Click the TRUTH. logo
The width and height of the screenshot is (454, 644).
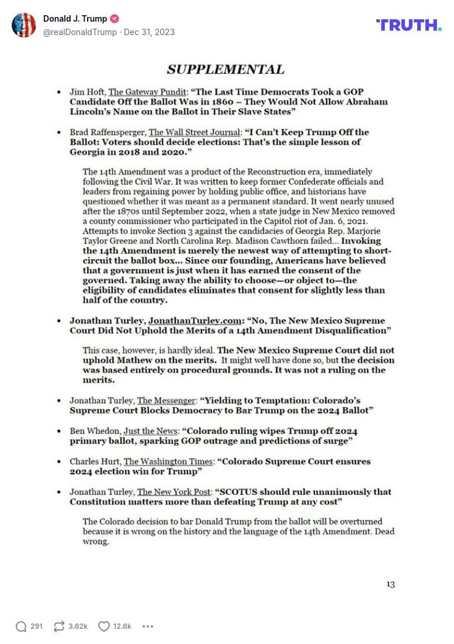(x=408, y=25)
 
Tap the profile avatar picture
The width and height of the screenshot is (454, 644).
(x=24, y=25)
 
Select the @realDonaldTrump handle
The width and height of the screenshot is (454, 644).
(x=80, y=32)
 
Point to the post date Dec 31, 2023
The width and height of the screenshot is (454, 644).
(x=149, y=32)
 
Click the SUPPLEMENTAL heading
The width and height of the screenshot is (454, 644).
(x=226, y=70)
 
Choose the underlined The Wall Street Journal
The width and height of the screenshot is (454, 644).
(x=195, y=132)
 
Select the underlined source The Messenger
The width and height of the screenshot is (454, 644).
(x=167, y=400)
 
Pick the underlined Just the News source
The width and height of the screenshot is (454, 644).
(x=150, y=431)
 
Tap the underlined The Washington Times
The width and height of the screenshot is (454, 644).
(x=168, y=461)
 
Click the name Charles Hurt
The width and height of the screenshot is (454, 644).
(x=95, y=461)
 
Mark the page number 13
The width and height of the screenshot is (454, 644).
(x=390, y=584)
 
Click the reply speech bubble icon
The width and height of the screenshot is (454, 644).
(x=21, y=626)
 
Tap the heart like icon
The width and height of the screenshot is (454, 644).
(x=103, y=626)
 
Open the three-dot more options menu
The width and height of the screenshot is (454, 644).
(x=148, y=626)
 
